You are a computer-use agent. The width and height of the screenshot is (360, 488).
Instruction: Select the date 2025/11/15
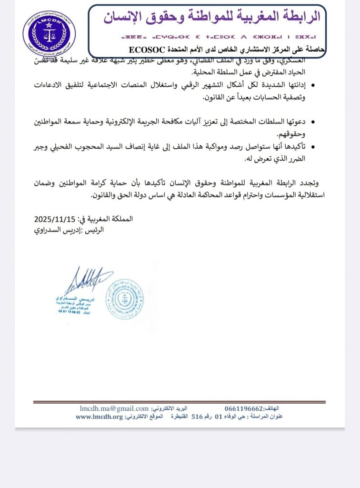click(x=55, y=219)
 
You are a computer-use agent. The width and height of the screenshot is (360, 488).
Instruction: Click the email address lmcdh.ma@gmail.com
click(x=114, y=409)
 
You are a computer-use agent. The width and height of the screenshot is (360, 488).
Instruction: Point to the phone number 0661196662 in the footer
click(x=244, y=409)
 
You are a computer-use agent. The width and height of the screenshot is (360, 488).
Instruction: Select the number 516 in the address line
click(x=197, y=417)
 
